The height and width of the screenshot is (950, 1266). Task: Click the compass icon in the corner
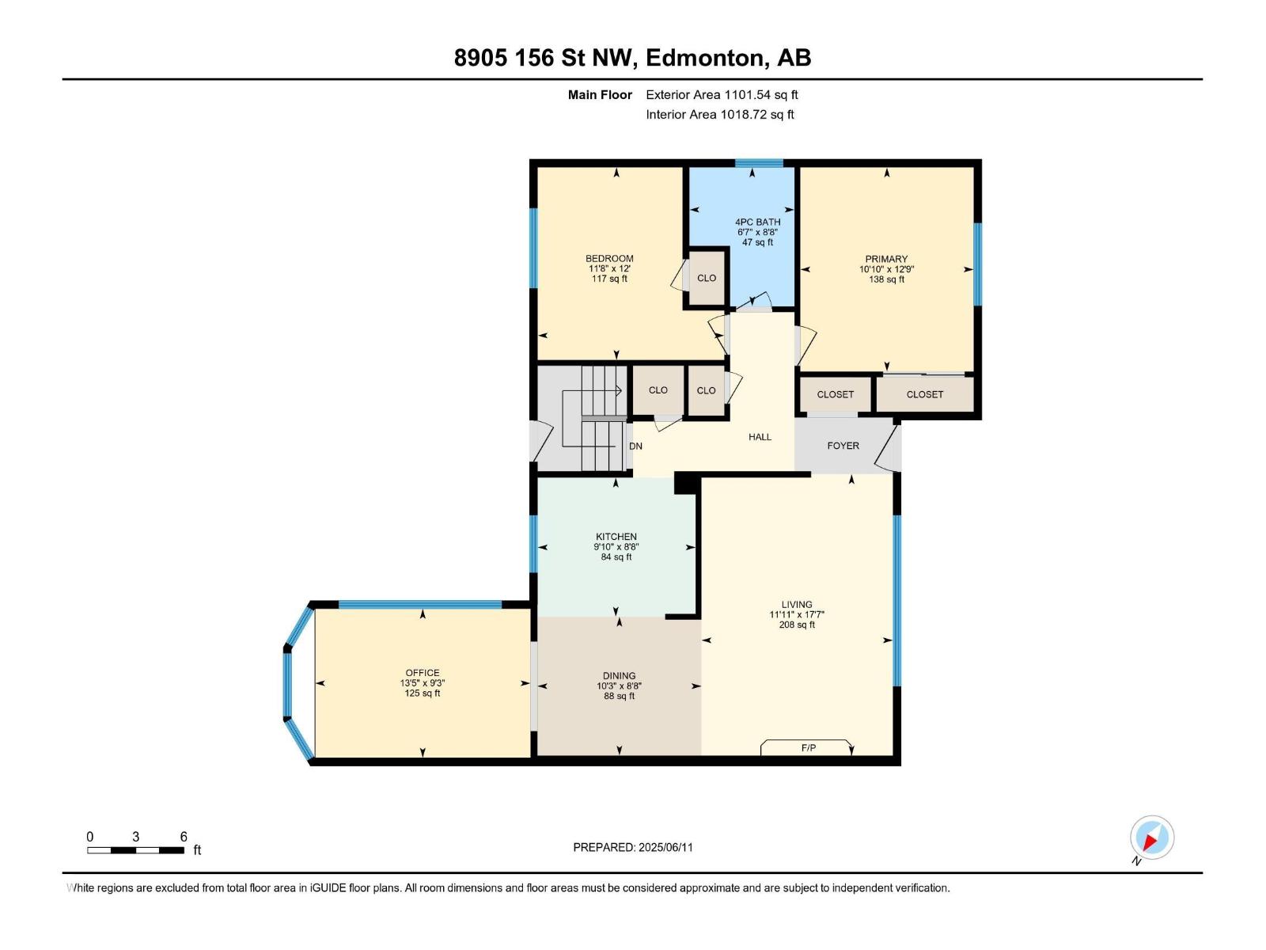[x=1152, y=838]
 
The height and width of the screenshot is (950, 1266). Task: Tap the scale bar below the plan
[x=136, y=850]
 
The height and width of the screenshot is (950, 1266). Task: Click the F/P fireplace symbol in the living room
[x=807, y=747]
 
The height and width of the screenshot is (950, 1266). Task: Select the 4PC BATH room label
[x=757, y=222]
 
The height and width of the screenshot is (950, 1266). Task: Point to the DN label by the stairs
[x=635, y=446]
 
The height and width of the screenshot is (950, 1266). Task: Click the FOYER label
[x=843, y=446]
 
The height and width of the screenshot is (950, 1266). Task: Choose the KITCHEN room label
[x=616, y=536]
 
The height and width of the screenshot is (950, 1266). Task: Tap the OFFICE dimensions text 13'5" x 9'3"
[x=422, y=683]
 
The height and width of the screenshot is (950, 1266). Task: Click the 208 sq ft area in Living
[x=796, y=625]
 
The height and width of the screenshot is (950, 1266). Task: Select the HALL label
[x=760, y=436]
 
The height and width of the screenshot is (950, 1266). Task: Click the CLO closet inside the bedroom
[x=706, y=278]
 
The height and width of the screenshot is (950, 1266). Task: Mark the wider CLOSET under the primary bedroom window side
[x=924, y=394]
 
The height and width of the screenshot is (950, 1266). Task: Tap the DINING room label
[x=619, y=675]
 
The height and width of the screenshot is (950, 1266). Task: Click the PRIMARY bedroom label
[x=886, y=259]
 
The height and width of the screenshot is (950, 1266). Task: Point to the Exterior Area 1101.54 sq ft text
[x=721, y=94]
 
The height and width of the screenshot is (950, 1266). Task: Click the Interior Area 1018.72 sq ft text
[x=719, y=114]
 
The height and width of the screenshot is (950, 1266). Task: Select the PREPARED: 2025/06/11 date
[x=633, y=847]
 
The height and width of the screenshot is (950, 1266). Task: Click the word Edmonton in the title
[x=705, y=58]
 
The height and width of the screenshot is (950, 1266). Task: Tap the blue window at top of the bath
[x=758, y=163]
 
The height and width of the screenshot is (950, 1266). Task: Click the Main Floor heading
[x=600, y=94]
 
